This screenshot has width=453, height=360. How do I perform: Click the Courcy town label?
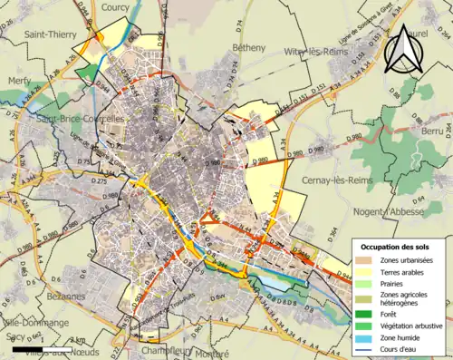coord(116,7)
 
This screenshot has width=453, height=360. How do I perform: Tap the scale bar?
coord(43,348)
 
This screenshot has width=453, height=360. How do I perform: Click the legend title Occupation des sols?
coord(395,247)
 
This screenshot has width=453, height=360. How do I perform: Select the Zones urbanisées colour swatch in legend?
coord(367,260)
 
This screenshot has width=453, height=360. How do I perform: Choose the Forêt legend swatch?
coord(367,316)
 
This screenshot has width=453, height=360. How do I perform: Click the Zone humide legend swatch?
coord(367,338)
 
